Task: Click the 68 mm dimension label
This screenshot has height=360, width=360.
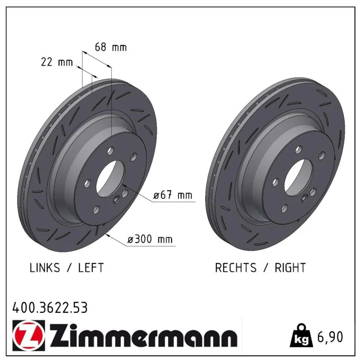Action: click(111, 47)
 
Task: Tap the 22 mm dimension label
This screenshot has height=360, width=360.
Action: click(57, 62)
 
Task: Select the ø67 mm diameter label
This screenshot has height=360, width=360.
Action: click(173, 195)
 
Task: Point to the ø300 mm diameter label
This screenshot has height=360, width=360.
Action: click(150, 239)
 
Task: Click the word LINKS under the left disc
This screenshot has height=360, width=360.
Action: click(45, 268)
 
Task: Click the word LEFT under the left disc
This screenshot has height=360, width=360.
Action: click(91, 268)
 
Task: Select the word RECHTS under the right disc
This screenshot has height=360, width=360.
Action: click(235, 268)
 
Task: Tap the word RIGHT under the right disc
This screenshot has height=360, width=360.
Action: click(290, 268)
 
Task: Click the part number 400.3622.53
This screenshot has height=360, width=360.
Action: click(50, 308)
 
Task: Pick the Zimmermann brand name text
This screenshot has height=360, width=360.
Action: click(143, 336)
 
